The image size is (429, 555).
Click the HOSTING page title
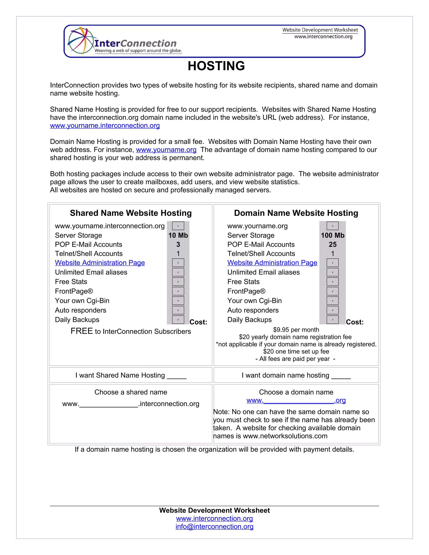pos(216,66)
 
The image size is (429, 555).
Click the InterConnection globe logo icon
pos(80,41)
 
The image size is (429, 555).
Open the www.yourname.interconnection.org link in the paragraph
pos(105,125)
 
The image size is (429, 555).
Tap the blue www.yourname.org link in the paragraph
pos(166,150)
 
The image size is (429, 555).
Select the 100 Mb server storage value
pos(332,235)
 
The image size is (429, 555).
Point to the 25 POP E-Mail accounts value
pos(332,244)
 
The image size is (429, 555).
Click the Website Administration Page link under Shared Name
pos(100,263)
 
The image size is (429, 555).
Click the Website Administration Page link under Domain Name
pos(272,263)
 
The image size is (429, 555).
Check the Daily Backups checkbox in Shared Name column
pos(178,320)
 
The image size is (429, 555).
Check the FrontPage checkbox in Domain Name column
pos(332,291)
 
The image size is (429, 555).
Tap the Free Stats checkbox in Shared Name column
pos(178,281)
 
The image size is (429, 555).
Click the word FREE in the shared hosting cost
pos(81,331)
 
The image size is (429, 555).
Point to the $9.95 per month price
pos(296,330)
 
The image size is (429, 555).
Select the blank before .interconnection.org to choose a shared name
pos(109,404)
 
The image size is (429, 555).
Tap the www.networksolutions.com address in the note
pos(285,436)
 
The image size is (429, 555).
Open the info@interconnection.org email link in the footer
pos(214,527)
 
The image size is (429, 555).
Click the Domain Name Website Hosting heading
pos(296,213)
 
